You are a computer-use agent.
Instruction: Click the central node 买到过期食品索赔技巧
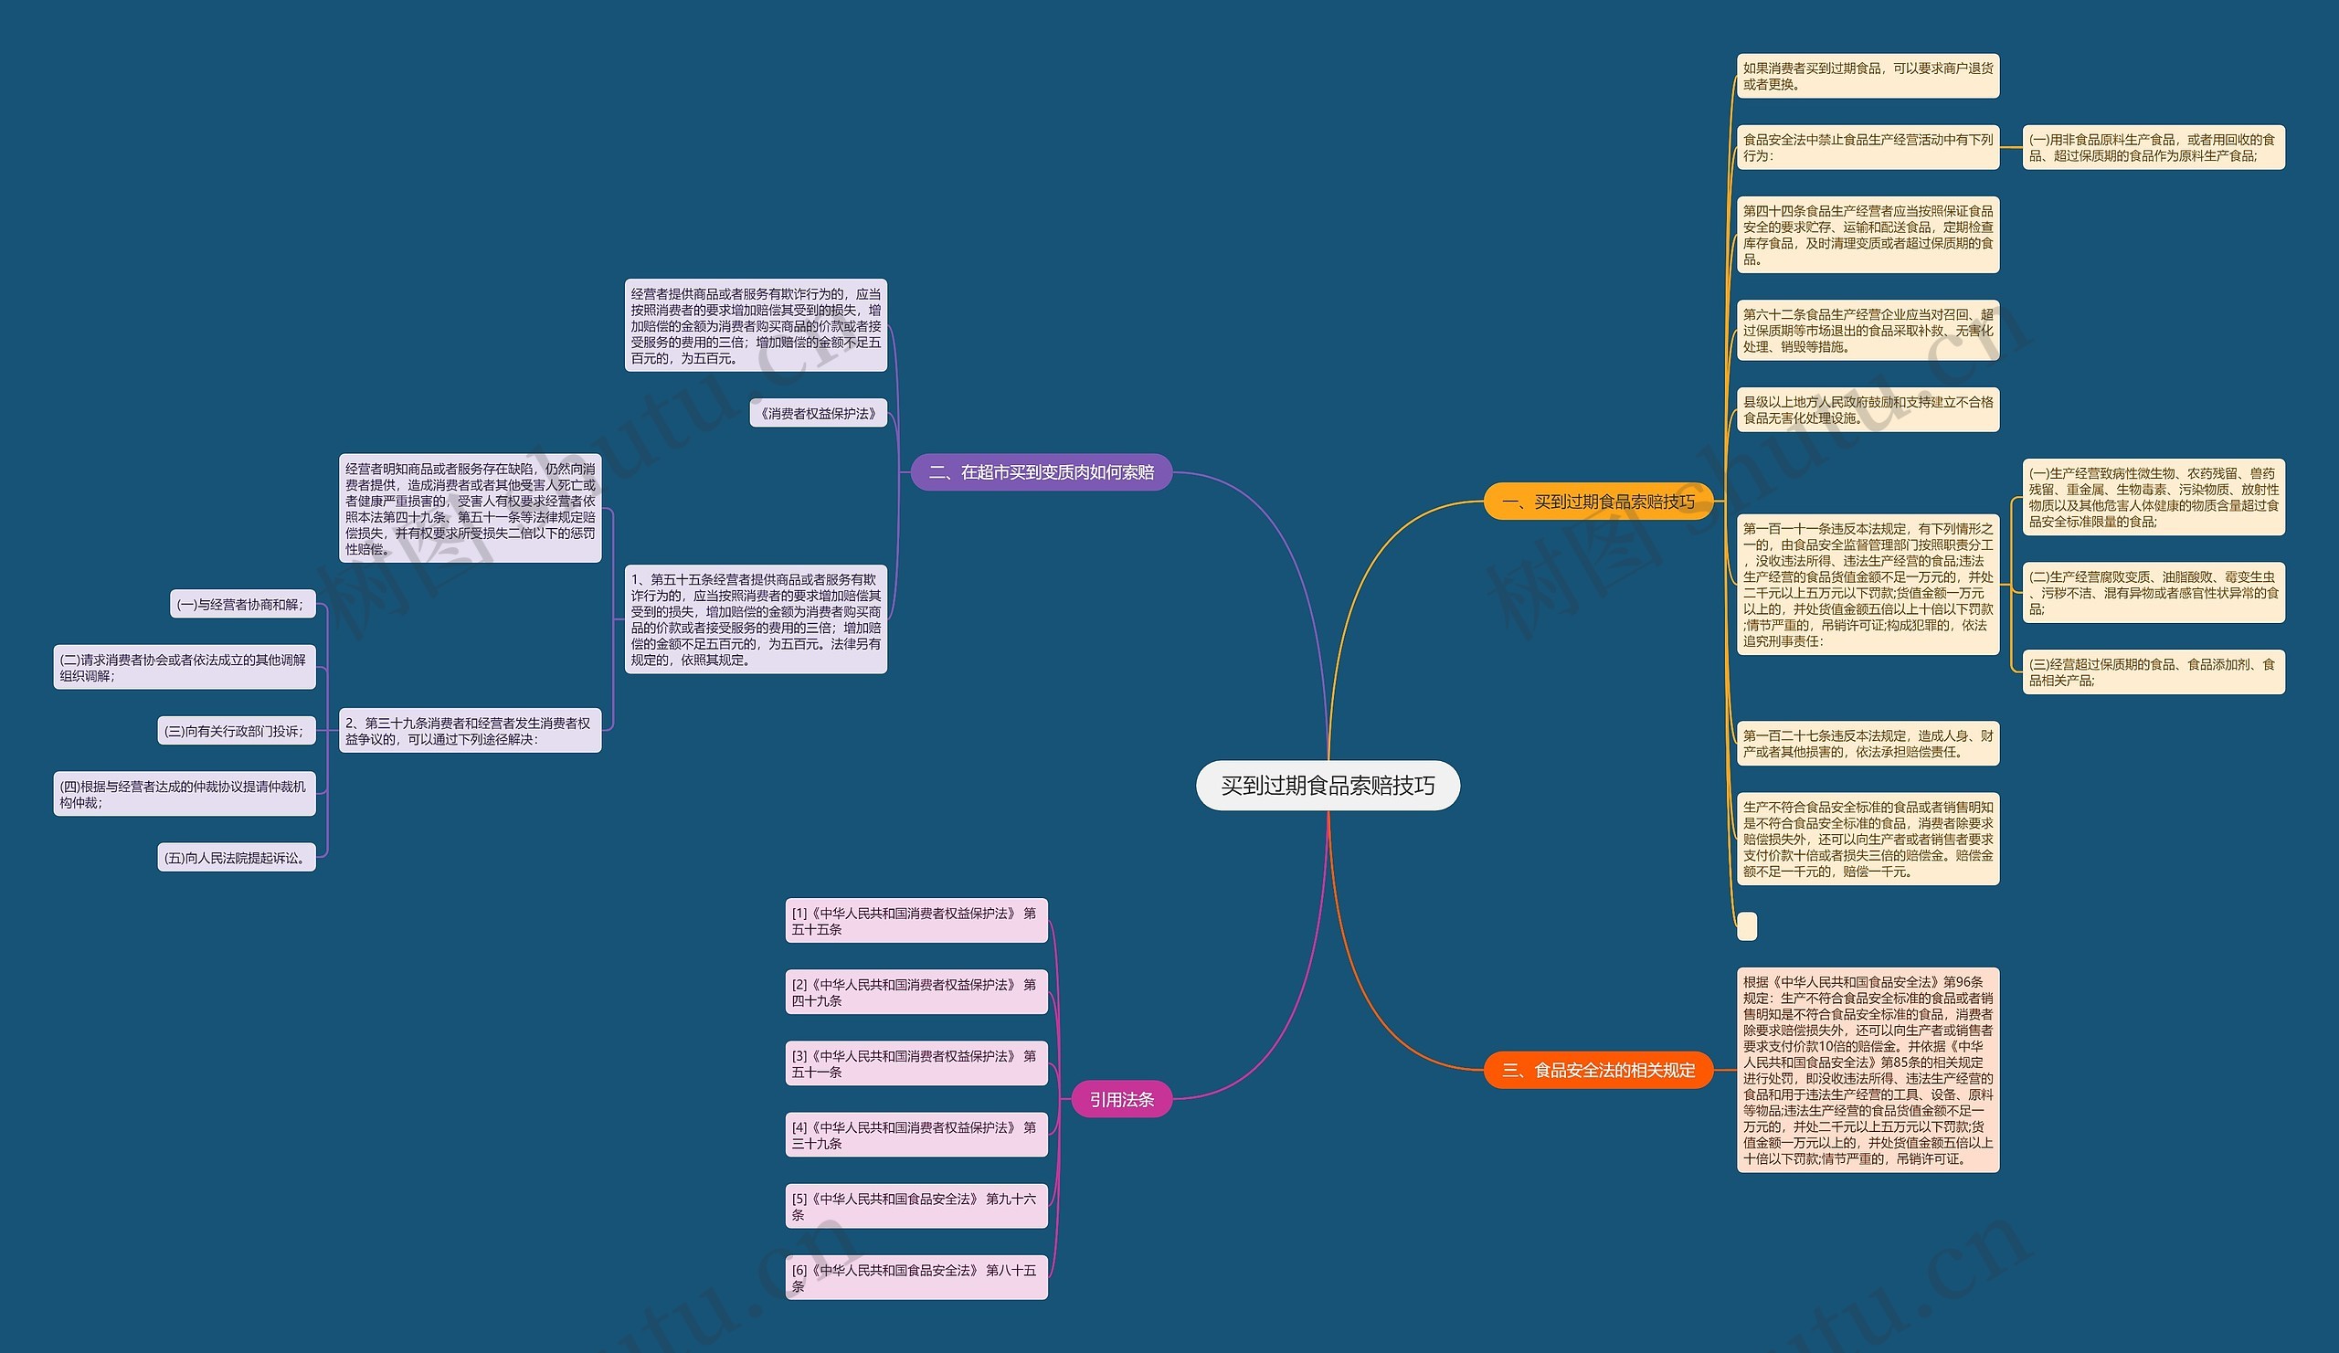pyautogui.click(x=1328, y=786)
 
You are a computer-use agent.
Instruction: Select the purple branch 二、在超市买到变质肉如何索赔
pyautogui.click(x=1041, y=472)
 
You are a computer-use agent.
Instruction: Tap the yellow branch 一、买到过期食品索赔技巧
pyautogui.click(x=1597, y=502)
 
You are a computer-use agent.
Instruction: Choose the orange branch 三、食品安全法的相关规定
pyautogui.click(x=1597, y=1070)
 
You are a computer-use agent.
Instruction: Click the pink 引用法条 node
pyautogui.click(x=1121, y=1100)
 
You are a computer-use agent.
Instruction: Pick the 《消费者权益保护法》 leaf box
pyautogui.click(x=818, y=413)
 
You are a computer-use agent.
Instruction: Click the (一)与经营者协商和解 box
pyautogui.click(x=240, y=604)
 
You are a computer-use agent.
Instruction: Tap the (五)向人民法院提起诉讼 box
pyautogui.click(x=236, y=858)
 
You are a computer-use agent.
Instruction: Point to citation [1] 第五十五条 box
pyautogui.click(x=915, y=921)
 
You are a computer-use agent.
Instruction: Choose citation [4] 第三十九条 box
pyautogui.click(x=915, y=1135)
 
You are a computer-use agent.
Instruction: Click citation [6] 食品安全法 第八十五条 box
pyautogui.click(x=915, y=1278)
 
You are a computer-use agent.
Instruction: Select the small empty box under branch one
pyautogui.click(x=1746, y=926)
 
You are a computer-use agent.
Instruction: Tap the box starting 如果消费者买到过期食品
pyautogui.click(x=1868, y=76)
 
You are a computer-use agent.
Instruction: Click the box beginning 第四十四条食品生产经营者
pyautogui.click(x=1868, y=235)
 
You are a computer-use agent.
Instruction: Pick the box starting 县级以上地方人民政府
pyautogui.click(x=1868, y=409)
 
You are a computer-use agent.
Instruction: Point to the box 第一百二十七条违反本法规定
pyautogui.click(x=1868, y=744)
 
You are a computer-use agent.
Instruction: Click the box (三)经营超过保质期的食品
pyautogui.click(x=2153, y=671)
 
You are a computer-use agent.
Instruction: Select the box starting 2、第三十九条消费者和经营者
pyautogui.click(x=470, y=730)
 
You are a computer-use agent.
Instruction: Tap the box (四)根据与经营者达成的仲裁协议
pyautogui.click(x=184, y=795)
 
